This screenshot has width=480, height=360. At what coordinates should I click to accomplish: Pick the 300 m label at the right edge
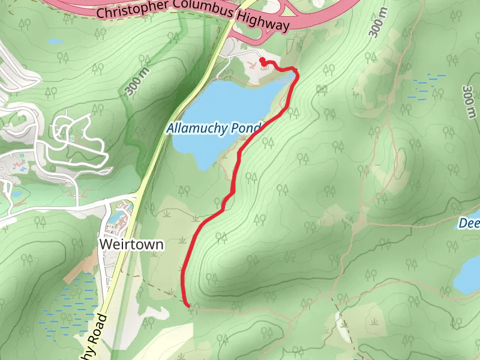point(470,99)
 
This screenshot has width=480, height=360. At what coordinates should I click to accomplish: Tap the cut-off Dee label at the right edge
point(469,224)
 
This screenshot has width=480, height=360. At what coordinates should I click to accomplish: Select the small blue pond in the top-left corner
point(55,41)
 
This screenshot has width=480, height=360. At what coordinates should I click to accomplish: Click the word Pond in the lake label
point(251,128)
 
